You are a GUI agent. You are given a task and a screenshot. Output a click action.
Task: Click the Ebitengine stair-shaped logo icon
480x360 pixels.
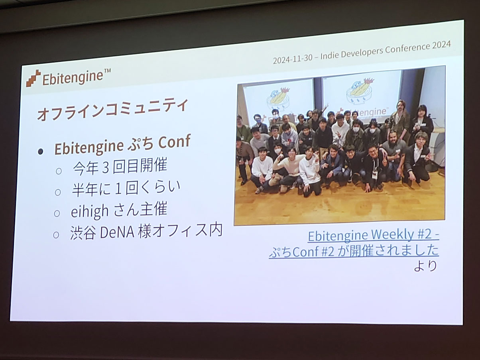tap(33, 78)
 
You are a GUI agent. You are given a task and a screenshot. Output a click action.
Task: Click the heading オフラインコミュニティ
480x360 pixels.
tap(112, 110)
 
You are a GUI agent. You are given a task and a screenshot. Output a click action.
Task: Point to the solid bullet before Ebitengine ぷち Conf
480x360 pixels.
tap(40, 151)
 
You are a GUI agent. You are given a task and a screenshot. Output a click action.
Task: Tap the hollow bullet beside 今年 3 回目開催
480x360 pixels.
tap(59, 171)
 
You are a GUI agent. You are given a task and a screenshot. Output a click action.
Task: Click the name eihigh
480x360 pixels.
tap(90, 211)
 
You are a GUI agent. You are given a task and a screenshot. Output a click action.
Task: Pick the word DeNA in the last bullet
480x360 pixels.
tap(117, 232)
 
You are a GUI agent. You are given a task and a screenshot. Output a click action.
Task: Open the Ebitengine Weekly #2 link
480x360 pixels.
tap(374, 235)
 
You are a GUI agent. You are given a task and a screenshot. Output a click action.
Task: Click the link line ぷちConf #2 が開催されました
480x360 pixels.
tap(354, 252)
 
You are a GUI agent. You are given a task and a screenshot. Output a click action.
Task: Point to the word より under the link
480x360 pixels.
tap(425, 266)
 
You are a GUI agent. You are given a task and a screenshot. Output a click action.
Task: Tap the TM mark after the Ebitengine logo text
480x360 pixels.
tap(107, 71)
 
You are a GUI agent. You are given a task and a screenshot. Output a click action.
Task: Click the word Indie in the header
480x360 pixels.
tap(330, 55)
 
